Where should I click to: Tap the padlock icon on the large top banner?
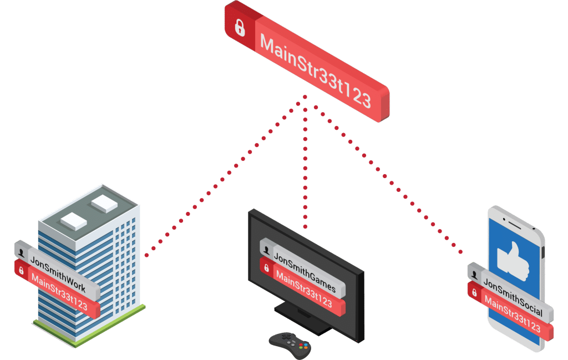240,28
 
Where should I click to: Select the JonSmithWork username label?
58,266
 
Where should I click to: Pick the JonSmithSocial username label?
513,292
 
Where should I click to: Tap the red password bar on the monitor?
303,290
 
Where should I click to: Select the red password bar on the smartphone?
511,315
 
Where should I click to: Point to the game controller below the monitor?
290,344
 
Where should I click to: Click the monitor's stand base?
304,321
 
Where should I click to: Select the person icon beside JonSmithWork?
22,252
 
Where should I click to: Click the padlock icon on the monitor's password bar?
267,269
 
